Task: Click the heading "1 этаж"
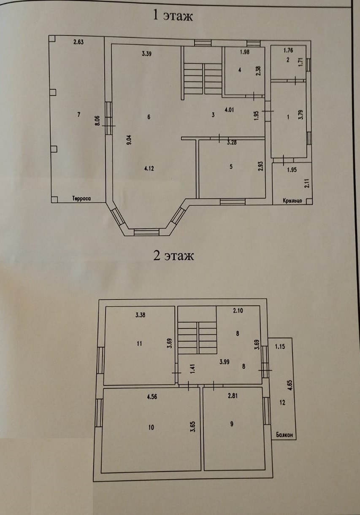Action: click(x=173, y=16)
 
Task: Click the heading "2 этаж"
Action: click(x=173, y=256)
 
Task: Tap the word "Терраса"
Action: click(x=82, y=199)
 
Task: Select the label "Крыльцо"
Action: click(x=292, y=201)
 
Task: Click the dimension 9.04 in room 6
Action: click(x=129, y=140)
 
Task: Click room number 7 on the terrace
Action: click(x=78, y=115)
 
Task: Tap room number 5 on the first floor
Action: click(x=231, y=167)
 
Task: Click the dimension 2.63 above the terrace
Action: click(x=78, y=42)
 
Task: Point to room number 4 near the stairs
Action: click(x=239, y=70)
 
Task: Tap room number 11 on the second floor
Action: click(x=140, y=343)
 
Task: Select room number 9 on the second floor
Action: click(x=232, y=424)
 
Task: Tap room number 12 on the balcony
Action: click(x=282, y=403)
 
